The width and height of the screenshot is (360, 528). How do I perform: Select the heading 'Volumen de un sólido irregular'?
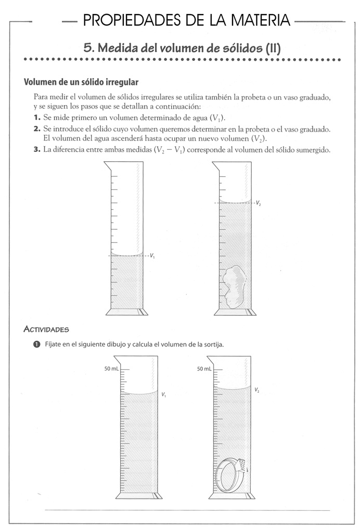81,83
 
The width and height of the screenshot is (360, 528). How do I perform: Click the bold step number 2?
37,128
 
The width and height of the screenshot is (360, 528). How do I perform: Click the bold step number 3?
37,149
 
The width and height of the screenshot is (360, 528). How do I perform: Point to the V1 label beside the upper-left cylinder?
152,256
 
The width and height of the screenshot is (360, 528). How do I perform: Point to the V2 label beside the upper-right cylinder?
258,203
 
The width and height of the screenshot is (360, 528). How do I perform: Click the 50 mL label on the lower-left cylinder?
111,369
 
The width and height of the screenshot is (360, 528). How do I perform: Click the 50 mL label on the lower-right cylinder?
204,369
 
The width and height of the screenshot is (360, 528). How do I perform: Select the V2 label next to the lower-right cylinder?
257,390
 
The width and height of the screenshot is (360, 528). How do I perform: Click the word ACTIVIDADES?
46,329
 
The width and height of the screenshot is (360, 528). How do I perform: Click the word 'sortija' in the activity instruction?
213,344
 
